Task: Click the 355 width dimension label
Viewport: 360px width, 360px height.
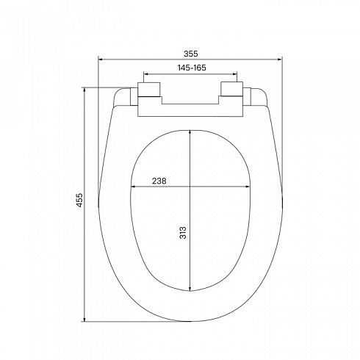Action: pyautogui.click(x=190, y=54)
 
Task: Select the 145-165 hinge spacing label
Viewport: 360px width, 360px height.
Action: pyautogui.click(x=192, y=68)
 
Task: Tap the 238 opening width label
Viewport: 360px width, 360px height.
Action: pyautogui.click(x=159, y=181)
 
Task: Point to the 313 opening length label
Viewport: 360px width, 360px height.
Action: pyautogui.click(x=183, y=232)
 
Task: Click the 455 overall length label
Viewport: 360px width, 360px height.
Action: pyautogui.click(x=80, y=201)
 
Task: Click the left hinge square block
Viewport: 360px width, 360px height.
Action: pyautogui.click(x=149, y=89)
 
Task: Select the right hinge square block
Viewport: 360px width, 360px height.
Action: pyautogui.click(x=231, y=89)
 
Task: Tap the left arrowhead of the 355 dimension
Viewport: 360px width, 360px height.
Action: pyautogui.click(x=100, y=59)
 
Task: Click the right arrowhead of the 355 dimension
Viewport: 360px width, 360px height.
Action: pyautogui.click(x=280, y=59)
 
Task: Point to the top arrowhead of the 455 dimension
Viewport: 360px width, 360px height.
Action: pyautogui.click(x=84, y=90)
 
